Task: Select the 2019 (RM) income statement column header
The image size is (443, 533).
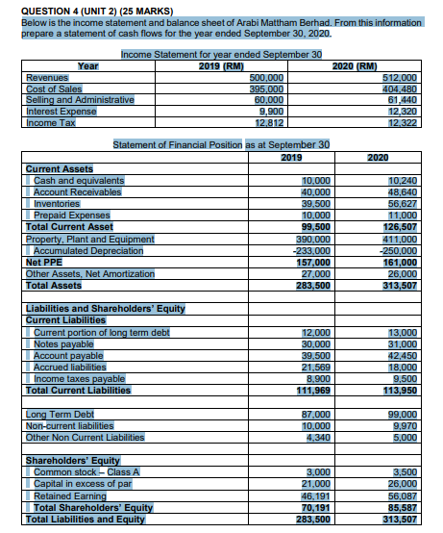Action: coord(223,66)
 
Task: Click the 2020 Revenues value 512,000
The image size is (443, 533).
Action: coord(399,77)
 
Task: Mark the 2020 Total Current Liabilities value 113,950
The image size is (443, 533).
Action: coord(399,391)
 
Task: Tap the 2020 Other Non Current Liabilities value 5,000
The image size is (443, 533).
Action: coord(403,436)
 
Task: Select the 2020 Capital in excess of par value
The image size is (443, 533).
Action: coord(402,481)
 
